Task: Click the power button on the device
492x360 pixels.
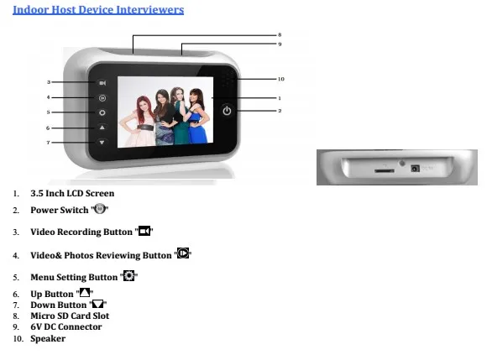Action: coord(227,111)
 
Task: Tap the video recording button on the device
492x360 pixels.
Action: coord(102,83)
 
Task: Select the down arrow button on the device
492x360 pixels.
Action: coord(102,143)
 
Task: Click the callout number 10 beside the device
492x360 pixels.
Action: coord(280,79)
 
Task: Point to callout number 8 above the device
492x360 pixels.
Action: coord(280,34)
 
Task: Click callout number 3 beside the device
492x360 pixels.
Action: coord(49,82)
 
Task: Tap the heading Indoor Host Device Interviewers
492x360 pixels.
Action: coord(98,9)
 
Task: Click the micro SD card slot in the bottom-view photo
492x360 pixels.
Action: coord(385,171)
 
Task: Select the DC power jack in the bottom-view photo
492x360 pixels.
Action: coord(415,169)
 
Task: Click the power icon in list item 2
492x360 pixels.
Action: coord(100,209)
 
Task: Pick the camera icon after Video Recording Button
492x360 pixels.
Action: coord(144,231)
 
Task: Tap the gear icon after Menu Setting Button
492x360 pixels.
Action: coord(128,275)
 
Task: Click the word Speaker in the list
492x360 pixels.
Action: coord(48,339)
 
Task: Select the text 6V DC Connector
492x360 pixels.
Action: coord(66,326)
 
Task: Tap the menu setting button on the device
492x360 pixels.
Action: coord(102,112)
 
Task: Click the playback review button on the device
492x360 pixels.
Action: coord(102,98)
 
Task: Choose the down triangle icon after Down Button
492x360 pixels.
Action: coord(97,304)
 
